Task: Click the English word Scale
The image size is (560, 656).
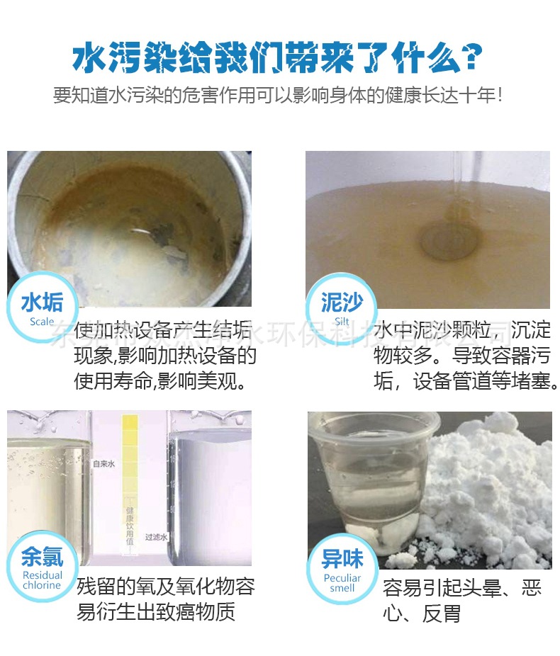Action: (42, 322)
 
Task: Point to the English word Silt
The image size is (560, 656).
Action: (342, 321)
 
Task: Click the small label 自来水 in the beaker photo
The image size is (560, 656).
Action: (105, 464)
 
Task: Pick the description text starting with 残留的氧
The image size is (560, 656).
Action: (164, 599)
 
